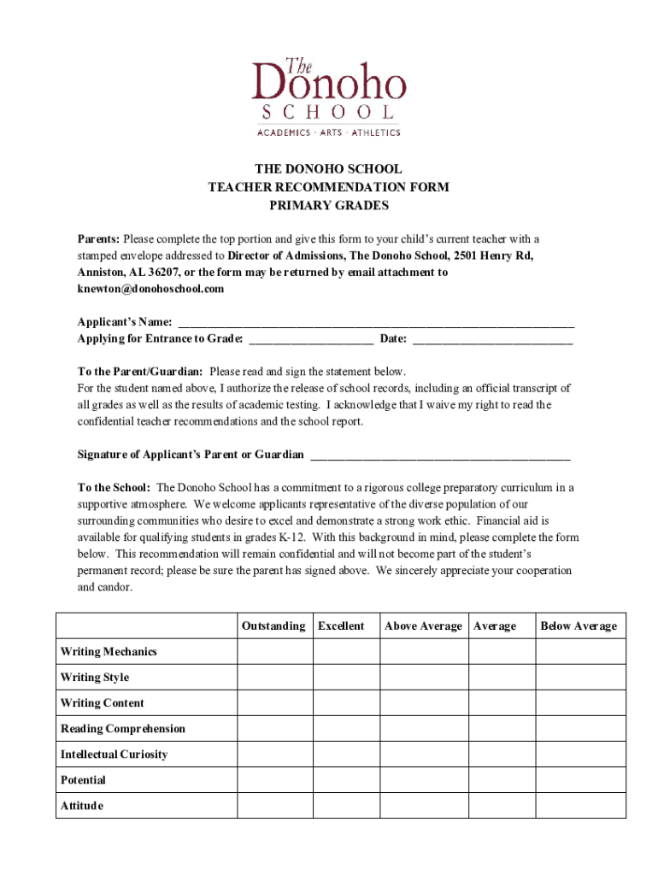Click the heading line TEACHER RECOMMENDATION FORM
329,187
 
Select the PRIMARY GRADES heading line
329,205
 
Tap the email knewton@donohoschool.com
150,289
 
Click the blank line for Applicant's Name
374,323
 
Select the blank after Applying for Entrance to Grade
310,339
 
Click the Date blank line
492,339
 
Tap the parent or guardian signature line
440,455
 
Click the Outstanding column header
273,626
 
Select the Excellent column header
341,626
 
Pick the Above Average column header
423,626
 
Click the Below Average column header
579,626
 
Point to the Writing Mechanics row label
109,652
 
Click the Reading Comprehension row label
122,729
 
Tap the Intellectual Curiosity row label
114,755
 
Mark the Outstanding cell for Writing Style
274,678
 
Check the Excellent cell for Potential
346,780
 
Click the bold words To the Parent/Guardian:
140,372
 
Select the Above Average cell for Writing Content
424,703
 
